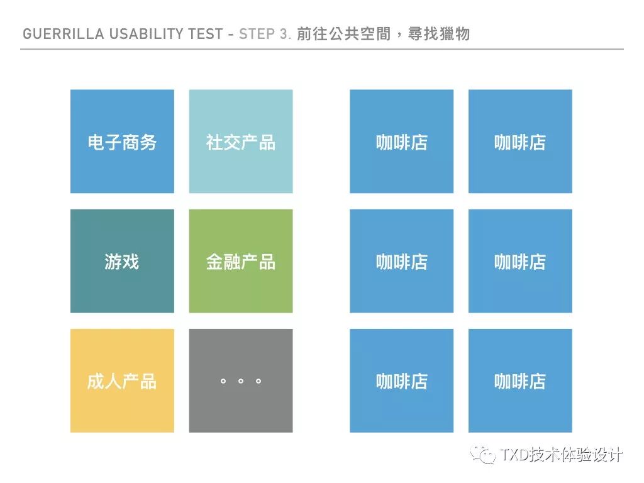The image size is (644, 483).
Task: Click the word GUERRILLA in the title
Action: point(55,34)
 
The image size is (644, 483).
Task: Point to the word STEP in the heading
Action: point(257,34)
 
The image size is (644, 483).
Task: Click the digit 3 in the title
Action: point(284,34)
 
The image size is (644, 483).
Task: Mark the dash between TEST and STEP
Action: point(231,34)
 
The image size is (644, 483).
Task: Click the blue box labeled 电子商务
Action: point(122,142)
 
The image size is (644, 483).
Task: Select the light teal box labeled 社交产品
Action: point(241,142)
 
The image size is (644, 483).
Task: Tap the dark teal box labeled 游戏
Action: point(122,261)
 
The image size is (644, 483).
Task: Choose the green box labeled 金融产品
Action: point(241,261)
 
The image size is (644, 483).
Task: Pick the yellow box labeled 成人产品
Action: point(122,380)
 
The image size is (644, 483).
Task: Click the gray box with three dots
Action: point(241,380)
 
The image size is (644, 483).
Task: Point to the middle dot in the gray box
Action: point(241,381)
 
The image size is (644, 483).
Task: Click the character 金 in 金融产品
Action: point(214,262)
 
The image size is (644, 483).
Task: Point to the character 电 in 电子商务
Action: point(96,142)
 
